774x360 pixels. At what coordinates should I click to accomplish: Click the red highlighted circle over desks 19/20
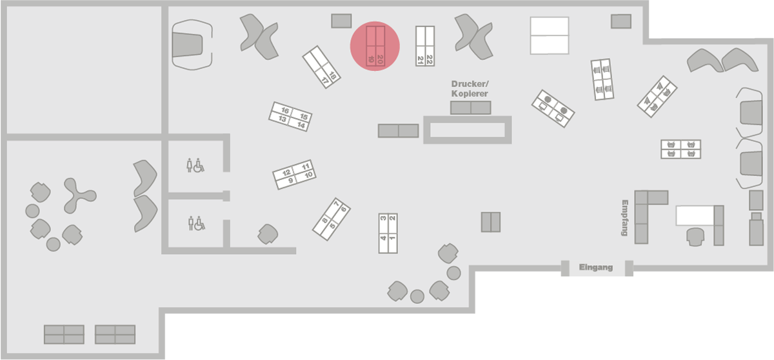point(375,46)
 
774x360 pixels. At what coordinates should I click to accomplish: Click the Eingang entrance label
point(595,267)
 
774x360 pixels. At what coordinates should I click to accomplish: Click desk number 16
point(284,111)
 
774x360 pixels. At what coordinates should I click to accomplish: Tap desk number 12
point(286,173)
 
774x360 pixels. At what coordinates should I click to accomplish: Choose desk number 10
point(308,175)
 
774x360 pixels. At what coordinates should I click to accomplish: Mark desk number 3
point(383,220)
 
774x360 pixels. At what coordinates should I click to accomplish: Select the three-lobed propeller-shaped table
point(78,195)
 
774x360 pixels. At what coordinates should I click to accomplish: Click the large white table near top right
point(549,35)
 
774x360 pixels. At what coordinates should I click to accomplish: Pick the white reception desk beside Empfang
point(694,215)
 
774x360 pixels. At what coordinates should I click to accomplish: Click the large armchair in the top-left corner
point(191,43)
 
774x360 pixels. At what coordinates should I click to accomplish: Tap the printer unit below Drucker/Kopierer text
point(471,108)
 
